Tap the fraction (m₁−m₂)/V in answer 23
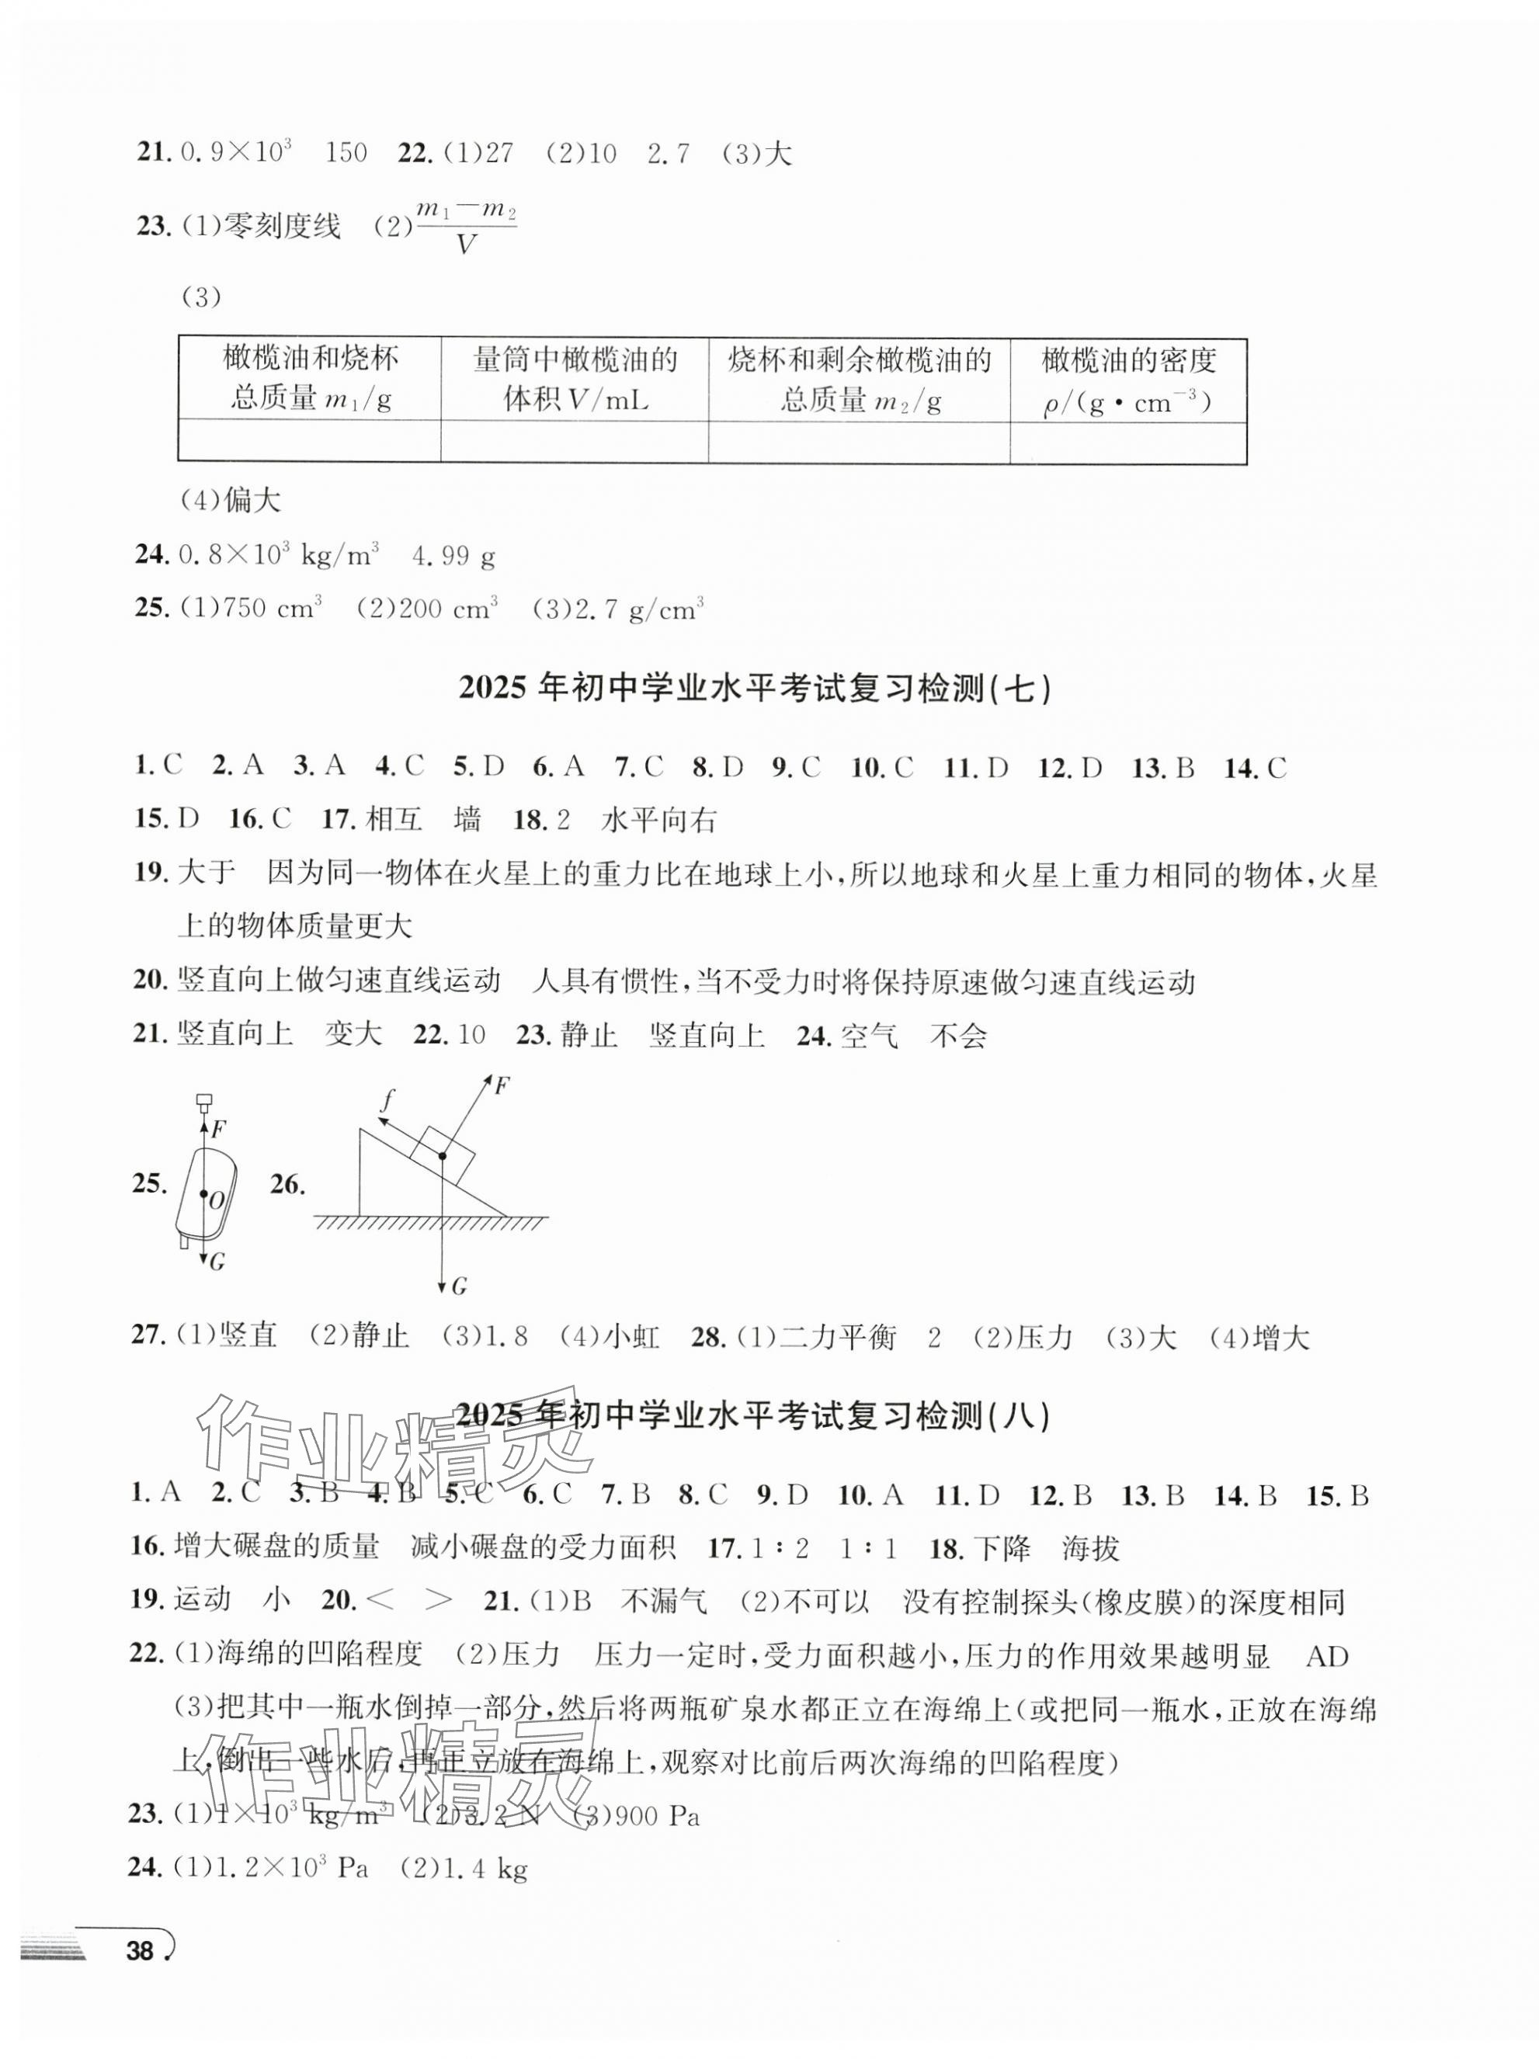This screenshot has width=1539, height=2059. [466, 227]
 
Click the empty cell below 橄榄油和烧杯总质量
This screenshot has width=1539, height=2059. [309, 442]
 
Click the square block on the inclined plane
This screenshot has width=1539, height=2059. [443, 1154]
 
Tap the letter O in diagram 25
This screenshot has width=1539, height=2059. [216, 1201]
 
